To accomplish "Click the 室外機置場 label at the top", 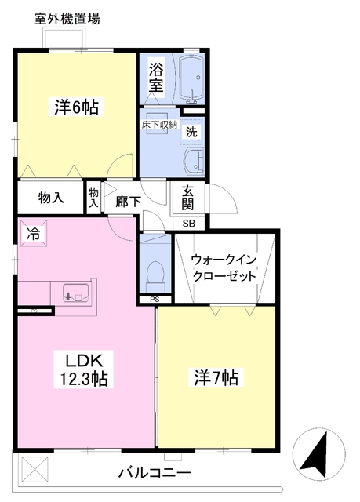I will pyautogui.click(x=67, y=20).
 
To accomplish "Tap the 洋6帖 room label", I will pyautogui.click(x=76, y=107).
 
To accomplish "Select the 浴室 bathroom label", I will pyautogui.click(x=156, y=78).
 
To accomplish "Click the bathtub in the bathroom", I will pyautogui.click(x=191, y=78).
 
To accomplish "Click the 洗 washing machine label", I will pyautogui.click(x=191, y=133).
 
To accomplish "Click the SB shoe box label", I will pyautogui.click(x=189, y=223).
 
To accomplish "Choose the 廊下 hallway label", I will pyautogui.click(x=128, y=201).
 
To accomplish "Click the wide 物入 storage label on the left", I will pyautogui.click(x=51, y=198).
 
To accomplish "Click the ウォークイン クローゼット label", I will pyautogui.click(x=225, y=267).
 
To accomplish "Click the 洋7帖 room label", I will pyautogui.click(x=216, y=378).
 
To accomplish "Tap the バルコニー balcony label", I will pyautogui.click(x=155, y=474).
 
